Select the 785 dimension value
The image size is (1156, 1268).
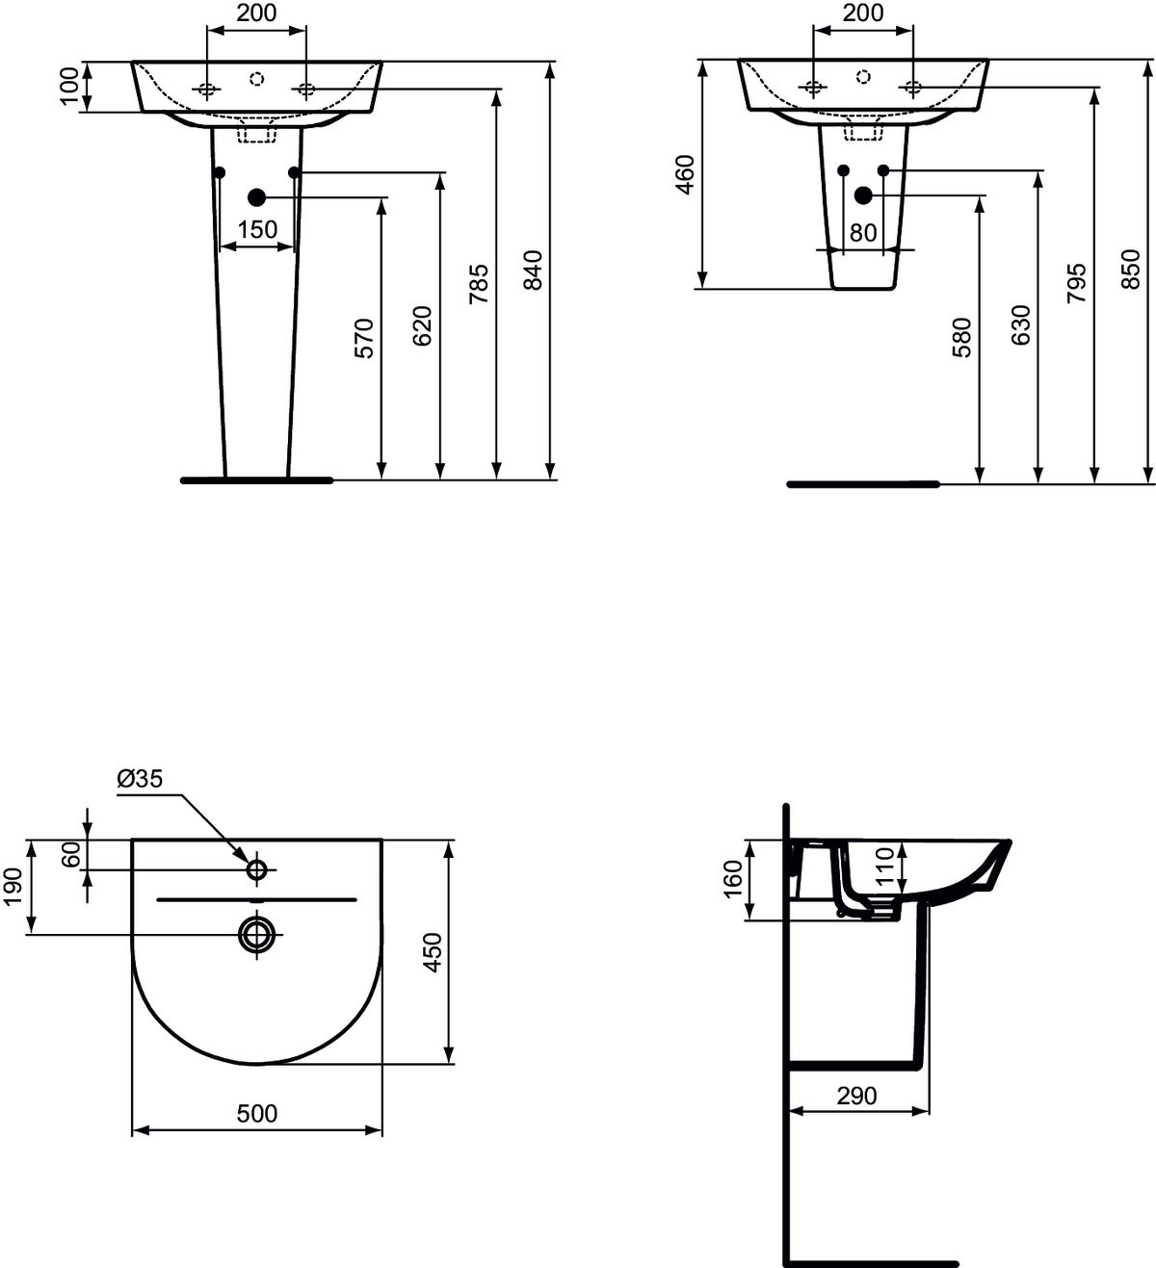tap(479, 284)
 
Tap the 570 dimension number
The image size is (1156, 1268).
tap(364, 338)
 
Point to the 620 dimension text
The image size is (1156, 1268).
tap(422, 325)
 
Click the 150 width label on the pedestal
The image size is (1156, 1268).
tap(257, 230)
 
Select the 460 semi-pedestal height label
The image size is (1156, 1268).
tap(685, 174)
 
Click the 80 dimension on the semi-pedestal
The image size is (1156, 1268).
tap(863, 233)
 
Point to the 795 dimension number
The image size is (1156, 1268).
tap(1077, 283)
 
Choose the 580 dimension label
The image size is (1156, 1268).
tap(961, 338)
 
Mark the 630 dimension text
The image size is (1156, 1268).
tap(1021, 325)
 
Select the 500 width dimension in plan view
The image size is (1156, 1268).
tap(257, 1113)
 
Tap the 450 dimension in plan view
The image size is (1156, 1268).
tap(433, 951)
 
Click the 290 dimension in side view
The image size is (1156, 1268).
tap(856, 1096)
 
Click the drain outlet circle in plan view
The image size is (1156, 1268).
tap(257, 933)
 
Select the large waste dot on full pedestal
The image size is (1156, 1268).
tap(256, 197)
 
